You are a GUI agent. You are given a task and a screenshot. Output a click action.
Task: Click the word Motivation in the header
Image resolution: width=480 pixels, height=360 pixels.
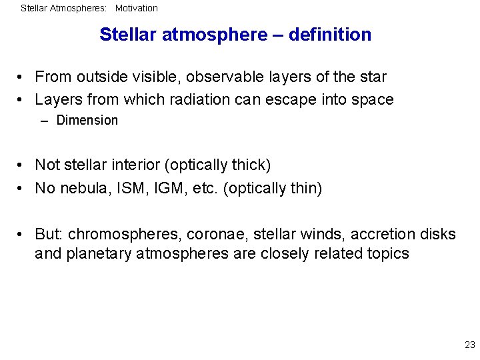point(136,9)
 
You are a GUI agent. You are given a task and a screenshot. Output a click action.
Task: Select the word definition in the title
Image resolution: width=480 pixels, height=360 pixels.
point(330,35)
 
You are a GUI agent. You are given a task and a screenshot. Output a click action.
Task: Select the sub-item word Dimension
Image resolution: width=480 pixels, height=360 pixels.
point(87,121)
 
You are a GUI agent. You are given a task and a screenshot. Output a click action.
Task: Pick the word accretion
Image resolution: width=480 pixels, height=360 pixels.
point(377,235)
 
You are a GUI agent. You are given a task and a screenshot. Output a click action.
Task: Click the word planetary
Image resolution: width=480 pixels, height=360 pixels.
point(100,254)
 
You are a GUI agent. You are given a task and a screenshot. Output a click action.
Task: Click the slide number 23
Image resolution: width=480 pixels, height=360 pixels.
point(469,345)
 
